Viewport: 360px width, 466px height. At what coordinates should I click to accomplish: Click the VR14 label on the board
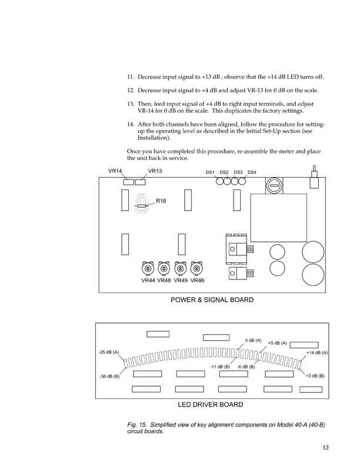[x=115, y=171]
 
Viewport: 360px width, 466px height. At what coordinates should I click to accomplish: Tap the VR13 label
[x=155, y=171]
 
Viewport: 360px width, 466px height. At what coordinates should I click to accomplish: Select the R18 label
[x=161, y=201]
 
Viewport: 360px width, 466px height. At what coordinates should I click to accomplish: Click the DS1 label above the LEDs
[x=210, y=172]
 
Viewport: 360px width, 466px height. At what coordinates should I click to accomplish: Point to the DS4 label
[x=252, y=172]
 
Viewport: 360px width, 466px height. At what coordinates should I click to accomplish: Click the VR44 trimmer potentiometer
[x=148, y=269]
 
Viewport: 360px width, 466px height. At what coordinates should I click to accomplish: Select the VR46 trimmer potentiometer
[x=197, y=269]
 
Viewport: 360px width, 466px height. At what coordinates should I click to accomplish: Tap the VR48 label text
[x=164, y=281]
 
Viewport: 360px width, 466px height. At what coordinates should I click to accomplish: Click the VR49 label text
[x=181, y=281]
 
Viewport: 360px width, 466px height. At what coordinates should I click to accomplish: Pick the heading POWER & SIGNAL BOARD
[x=212, y=300]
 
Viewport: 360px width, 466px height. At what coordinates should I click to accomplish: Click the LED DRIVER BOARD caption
[x=211, y=405]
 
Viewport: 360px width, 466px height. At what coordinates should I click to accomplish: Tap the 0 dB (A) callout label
[x=254, y=341]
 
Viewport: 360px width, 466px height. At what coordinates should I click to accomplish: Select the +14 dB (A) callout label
[x=316, y=352]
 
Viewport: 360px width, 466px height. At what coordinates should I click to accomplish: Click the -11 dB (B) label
[x=219, y=367]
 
